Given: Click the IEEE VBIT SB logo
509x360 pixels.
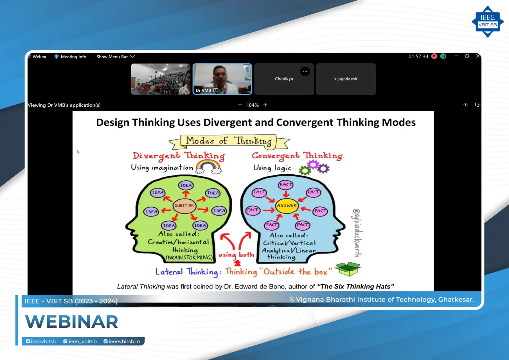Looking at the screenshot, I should click(487, 22).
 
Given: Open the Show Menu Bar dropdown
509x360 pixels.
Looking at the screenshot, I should click(116, 57).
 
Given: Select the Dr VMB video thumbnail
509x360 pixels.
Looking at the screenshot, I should click(222, 79).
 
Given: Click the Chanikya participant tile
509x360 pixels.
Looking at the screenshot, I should click(284, 79).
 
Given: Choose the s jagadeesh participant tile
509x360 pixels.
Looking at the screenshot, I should click(346, 79).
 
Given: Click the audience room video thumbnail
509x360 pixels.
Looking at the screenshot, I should click(161, 79).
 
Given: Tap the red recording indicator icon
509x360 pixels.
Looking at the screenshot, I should click(434, 56).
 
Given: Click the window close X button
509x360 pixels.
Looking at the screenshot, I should click(478, 56).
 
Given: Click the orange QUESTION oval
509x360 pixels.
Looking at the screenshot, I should click(184, 206).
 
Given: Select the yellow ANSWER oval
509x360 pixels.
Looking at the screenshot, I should click(287, 206).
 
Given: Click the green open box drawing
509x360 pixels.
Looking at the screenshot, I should click(348, 269).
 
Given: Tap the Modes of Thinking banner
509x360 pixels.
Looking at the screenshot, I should click(229, 141).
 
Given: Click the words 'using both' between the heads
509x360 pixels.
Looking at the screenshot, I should click(236, 255).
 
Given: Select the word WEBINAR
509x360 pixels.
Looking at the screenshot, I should click(72, 321).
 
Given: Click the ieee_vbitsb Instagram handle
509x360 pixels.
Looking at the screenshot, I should click(80, 341).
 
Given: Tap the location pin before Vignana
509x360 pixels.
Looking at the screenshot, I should click(292, 300).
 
